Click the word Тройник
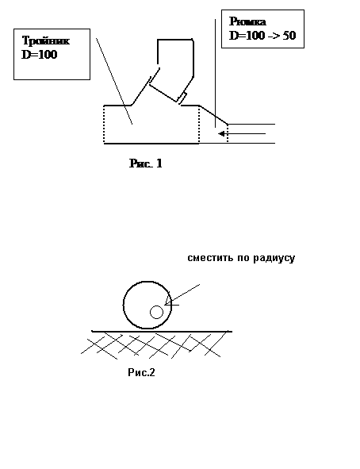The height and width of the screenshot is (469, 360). (x=46, y=40)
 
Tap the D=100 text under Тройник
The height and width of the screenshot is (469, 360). (x=39, y=55)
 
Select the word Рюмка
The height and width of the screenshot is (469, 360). (x=247, y=22)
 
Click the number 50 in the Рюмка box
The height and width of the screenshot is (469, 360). (x=289, y=36)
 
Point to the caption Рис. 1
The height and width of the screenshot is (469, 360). (x=146, y=163)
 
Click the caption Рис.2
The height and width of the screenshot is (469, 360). (x=142, y=372)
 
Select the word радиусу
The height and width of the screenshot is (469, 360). (x=274, y=259)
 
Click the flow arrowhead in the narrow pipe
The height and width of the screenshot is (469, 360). (x=221, y=133)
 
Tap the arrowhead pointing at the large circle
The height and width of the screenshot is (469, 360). (x=168, y=300)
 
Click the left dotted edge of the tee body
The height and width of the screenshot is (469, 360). (x=104, y=125)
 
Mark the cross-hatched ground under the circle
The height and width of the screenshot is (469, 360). (x=153, y=345)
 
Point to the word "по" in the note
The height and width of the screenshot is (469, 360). (x=243, y=258)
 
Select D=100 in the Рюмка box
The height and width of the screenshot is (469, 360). (x=247, y=36)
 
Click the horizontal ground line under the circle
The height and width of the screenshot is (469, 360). (x=162, y=331)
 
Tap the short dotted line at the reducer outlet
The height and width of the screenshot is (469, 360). (x=228, y=133)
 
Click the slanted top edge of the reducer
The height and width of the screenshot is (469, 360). (x=213, y=114)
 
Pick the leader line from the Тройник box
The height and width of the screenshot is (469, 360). (x=114, y=81)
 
